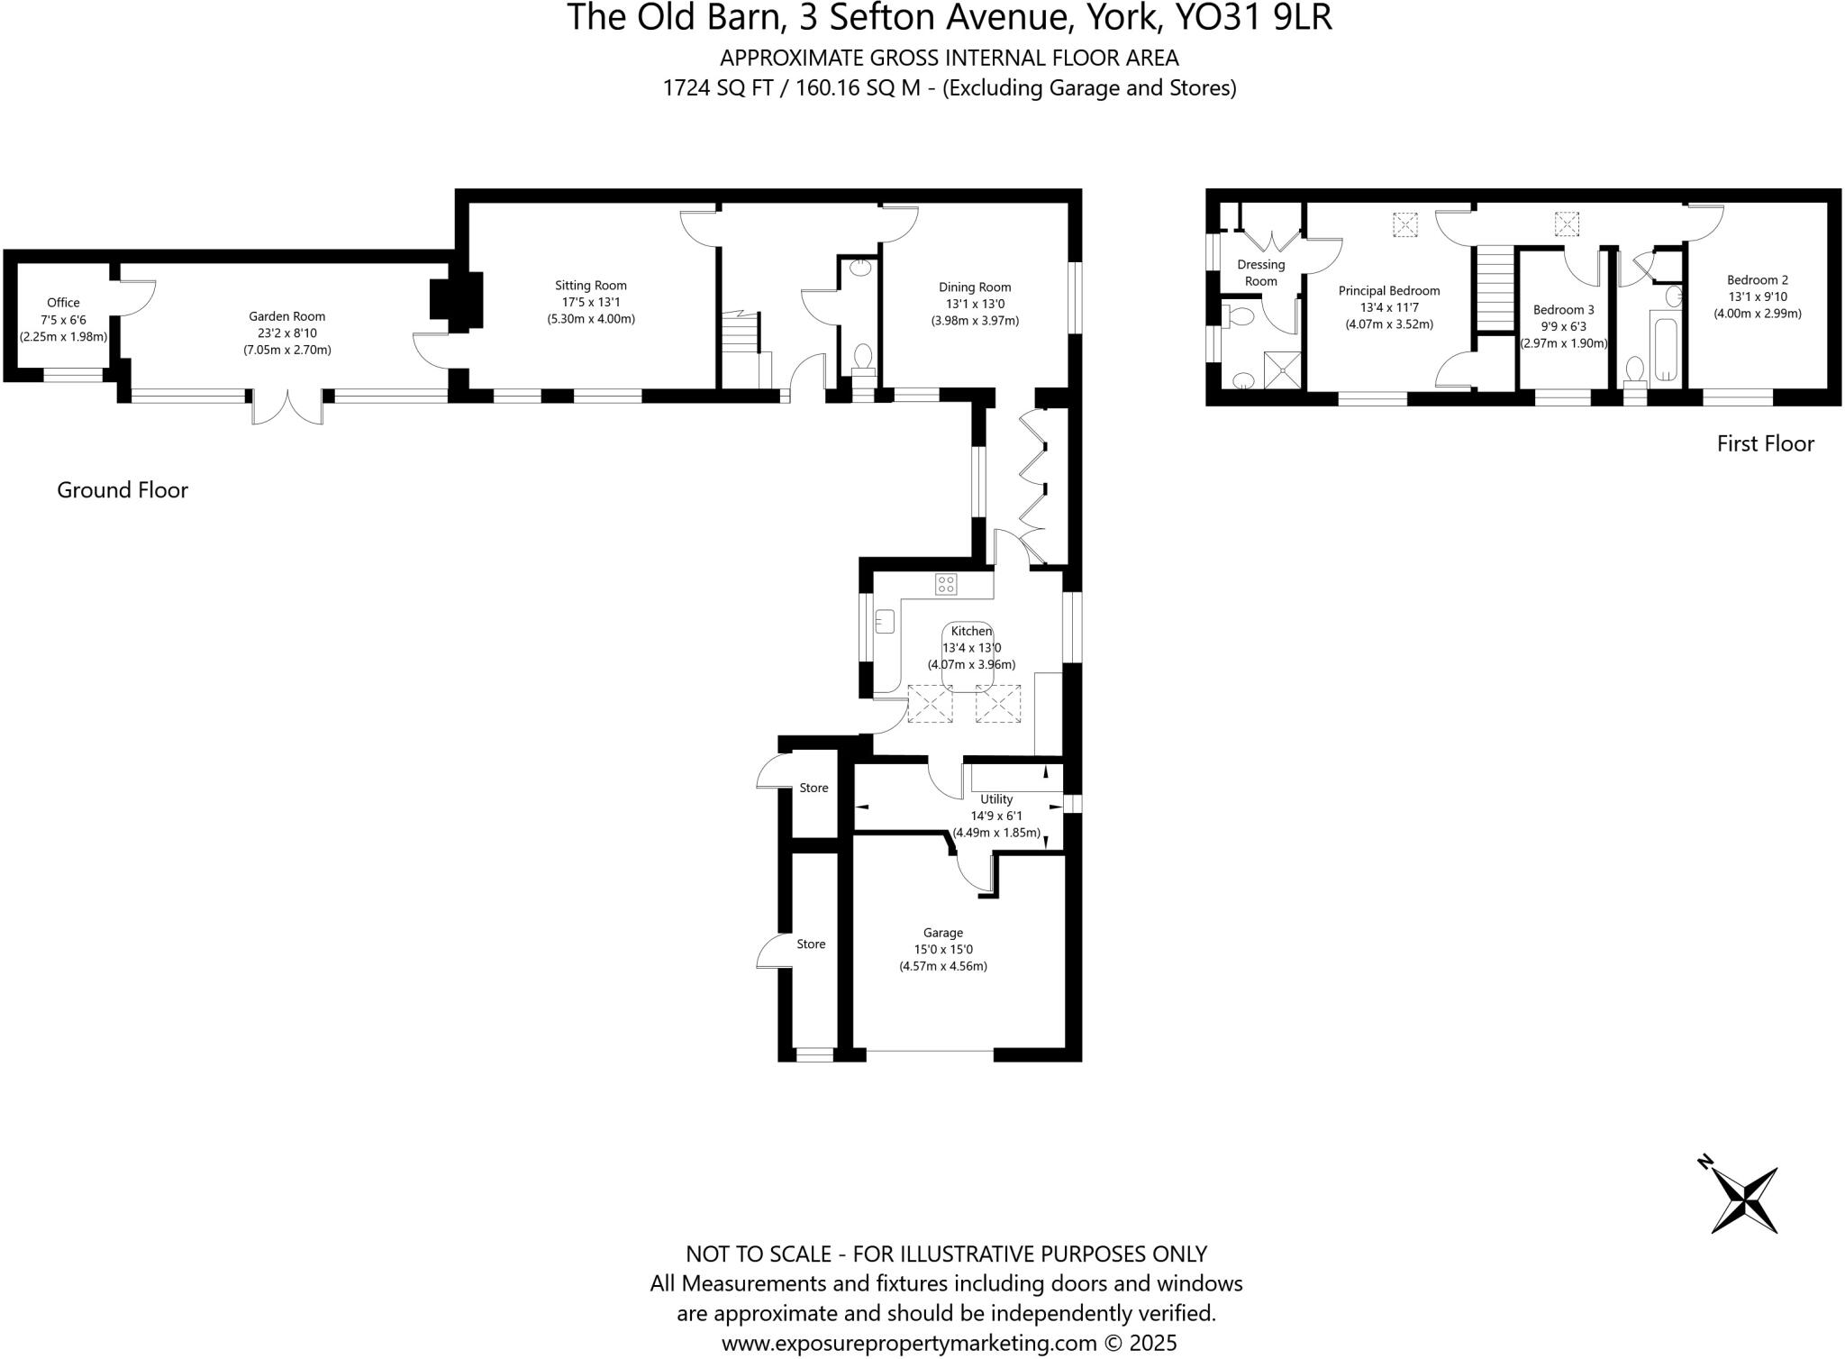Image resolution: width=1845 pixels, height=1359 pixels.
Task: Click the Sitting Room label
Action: (590, 286)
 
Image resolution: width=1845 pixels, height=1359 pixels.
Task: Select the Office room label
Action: (63, 303)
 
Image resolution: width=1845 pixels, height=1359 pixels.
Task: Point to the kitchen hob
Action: (946, 584)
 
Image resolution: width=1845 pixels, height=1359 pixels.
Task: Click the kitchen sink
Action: (884, 620)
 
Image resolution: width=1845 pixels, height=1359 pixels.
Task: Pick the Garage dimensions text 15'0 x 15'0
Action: (943, 949)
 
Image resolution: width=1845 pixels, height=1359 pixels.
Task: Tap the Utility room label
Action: (996, 799)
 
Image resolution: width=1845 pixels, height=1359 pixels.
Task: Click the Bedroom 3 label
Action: (1563, 309)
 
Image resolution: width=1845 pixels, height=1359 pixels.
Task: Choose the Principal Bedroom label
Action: (1388, 291)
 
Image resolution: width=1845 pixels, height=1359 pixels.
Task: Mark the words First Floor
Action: (1765, 443)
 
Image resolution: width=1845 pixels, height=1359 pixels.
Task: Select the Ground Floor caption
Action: (123, 490)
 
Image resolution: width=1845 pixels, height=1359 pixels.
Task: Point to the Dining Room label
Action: (975, 287)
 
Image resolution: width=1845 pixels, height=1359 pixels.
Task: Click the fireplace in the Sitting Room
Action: (456, 297)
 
